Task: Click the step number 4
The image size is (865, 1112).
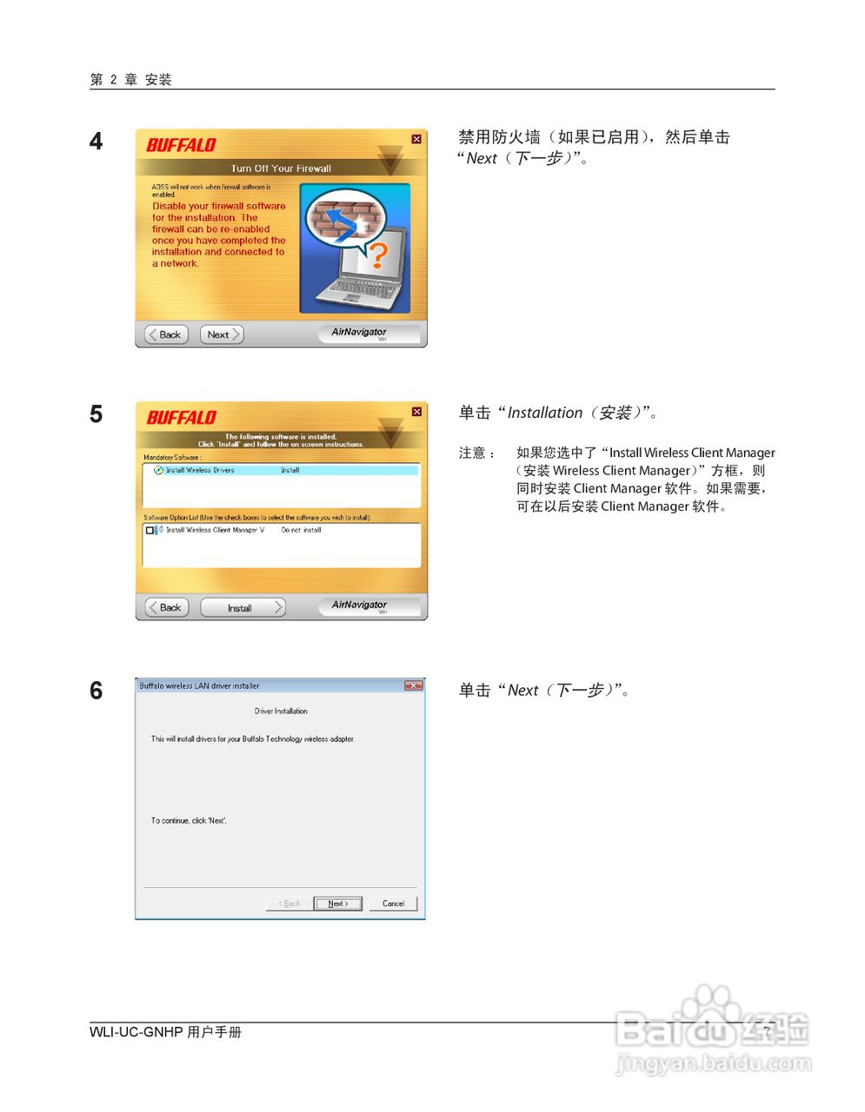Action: coord(96,142)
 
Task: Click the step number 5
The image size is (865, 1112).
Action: coord(96,414)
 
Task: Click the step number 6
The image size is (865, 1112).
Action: coord(96,692)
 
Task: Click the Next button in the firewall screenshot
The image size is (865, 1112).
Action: coord(221,334)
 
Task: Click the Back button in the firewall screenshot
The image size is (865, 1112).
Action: coord(166,334)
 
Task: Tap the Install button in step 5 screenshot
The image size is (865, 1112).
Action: coord(242,608)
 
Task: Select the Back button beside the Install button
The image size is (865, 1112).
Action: coord(166,607)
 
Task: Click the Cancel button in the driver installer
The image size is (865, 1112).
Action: coord(393,903)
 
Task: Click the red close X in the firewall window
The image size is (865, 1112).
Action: coord(416,139)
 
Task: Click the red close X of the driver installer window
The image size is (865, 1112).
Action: coord(413,685)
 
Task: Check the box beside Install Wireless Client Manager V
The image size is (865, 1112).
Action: coord(150,530)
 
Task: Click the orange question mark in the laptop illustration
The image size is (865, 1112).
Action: coord(377,255)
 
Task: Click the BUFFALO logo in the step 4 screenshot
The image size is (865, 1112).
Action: coord(181,145)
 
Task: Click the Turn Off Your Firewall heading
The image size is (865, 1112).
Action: coord(280,169)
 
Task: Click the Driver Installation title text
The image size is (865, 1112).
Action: coord(280,711)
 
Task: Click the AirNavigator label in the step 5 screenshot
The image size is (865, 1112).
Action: coord(359,605)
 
